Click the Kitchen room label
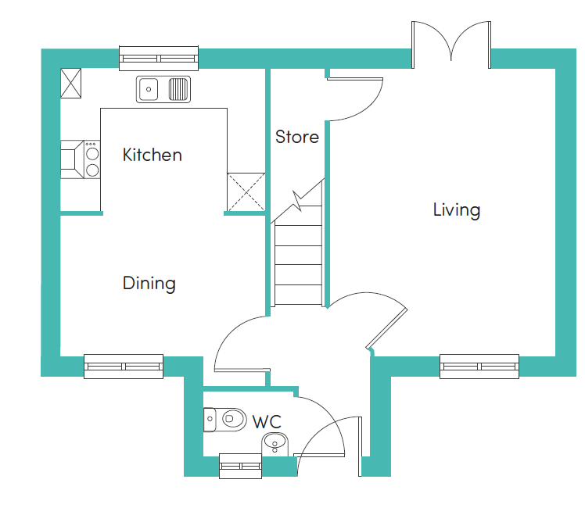(153, 155)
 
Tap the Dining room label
(149, 283)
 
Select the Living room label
(457, 209)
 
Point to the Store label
(297, 137)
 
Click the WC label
(267, 422)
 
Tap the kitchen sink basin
(148, 89)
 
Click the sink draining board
(178, 89)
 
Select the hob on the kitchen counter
(92, 159)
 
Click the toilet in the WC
(225, 420)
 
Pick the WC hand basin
(275, 444)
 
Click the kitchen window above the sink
(159, 58)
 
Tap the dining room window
(124, 367)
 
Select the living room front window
(479, 367)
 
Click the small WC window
(240, 466)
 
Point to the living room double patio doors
(451, 45)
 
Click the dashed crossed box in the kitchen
(246, 192)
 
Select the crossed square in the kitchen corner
(71, 83)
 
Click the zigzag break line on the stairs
(298, 202)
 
